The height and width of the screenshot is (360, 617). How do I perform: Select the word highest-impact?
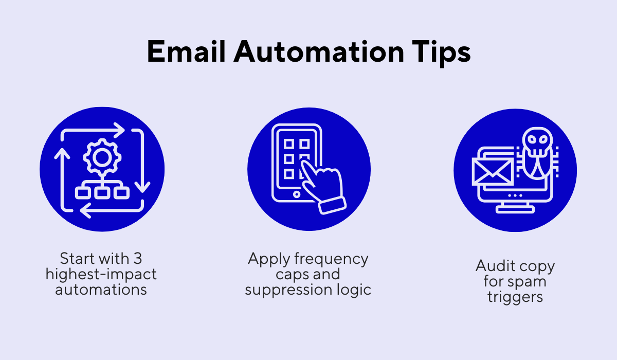[x=101, y=274]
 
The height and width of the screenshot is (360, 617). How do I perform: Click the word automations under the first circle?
[x=101, y=289]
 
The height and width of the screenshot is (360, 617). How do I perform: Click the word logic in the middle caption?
[x=352, y=289]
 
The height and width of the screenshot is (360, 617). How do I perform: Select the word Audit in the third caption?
[x=494, y=266]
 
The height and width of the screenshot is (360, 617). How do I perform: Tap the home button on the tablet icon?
[x=297, y=195]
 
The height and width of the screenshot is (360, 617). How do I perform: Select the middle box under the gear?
[x=101, y=192]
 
